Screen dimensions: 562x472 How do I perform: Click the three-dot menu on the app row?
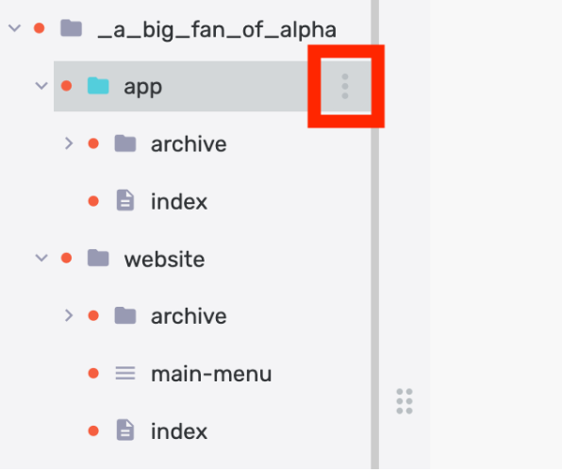pos(345,86)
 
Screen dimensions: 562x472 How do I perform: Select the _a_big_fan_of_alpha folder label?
pos(217,30)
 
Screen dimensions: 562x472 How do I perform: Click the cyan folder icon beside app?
pos(98,86)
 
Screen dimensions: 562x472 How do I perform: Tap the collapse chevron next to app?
pos(41,86)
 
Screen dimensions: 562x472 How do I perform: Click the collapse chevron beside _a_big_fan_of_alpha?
pos(15,28)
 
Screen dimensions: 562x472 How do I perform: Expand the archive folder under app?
pos(69,143)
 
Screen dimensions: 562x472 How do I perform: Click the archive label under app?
pos(189,144)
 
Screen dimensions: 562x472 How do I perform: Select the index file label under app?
pos(179,202)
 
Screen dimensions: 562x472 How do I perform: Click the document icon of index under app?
pos(125,200)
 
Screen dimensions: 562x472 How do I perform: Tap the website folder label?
pos(164,260)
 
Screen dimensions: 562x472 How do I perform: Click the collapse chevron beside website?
pos(41,258)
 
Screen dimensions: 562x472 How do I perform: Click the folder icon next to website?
pos(98,258)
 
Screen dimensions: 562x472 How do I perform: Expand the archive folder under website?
pos(69,315)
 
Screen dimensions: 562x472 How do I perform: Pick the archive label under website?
pos(189,316)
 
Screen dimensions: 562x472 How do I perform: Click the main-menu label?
pos(211,374)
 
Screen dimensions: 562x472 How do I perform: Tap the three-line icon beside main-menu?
pos(125,373)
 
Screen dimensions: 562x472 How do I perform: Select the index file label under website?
pos(179,431)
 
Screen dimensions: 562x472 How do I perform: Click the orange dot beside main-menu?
pos(93,373)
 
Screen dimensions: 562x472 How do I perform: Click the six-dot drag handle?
pos(405,401)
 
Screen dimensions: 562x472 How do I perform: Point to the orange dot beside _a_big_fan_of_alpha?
pos(39,28)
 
